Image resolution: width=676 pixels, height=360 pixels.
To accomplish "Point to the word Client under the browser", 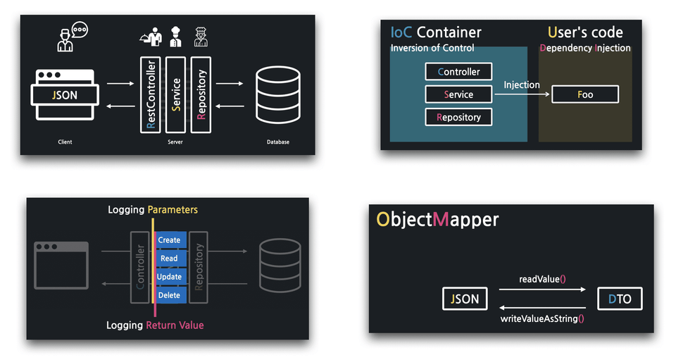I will pos(65,142).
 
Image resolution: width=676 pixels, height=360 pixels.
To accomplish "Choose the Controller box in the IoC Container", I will pos(458,72).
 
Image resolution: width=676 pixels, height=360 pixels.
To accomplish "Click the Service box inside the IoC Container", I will pos(458,94).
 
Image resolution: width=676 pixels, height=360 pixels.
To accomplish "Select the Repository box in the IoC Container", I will pos(458,117).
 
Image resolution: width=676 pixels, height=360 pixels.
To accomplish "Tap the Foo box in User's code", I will pos(585,94).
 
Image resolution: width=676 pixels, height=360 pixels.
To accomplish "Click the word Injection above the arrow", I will pos(522,85).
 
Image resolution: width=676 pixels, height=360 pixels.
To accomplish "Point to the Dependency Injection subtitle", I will pos(585,49).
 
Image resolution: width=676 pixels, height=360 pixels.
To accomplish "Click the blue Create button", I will pos(169,240).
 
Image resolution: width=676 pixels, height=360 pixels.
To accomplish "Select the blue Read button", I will pos(169,259).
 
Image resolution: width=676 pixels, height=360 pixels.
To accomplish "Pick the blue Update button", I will pos(169,277).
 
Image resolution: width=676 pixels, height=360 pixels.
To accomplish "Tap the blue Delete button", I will pos(169,295).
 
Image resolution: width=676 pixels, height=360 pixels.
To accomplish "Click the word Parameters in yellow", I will pos(173,210).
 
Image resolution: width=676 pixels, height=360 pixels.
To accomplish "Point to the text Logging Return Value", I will pos(155,325).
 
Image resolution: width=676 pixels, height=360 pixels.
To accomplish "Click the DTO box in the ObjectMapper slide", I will pos(620,299).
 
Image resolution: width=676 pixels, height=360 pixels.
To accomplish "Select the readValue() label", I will pos(542,279).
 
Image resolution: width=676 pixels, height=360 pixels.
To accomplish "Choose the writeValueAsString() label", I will pos(542,319).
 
